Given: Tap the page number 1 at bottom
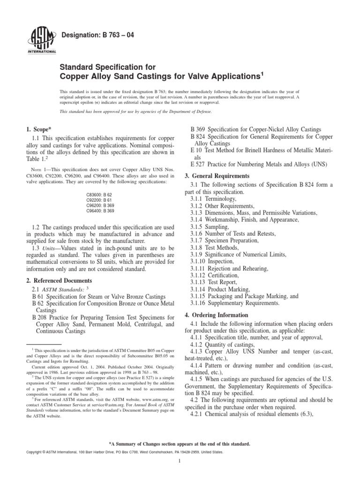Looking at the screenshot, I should (x=180, y=473).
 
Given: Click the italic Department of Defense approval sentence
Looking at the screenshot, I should (x=136, y=111).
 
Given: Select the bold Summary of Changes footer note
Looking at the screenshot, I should (x=180, y=443).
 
